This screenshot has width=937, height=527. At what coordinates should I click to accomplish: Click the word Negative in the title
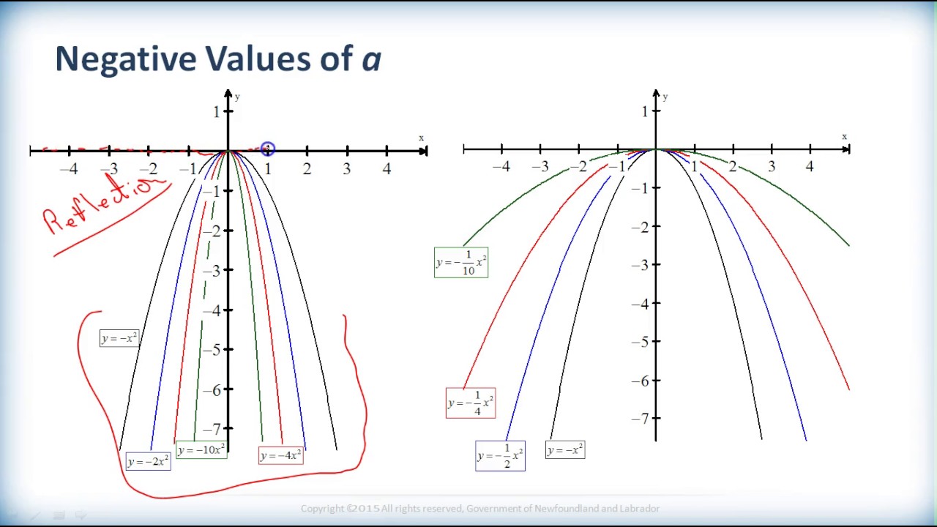coord(124,59)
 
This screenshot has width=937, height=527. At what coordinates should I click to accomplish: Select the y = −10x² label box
coord(201,450)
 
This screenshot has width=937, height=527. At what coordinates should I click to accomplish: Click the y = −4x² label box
coord(280,456)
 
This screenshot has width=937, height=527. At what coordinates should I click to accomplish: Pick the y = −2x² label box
coord(148,462)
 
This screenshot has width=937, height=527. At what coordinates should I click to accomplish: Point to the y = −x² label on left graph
coord(119,338)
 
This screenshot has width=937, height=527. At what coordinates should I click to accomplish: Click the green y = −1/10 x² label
coord(461,263)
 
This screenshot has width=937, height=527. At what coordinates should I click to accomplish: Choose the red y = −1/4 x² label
coord(471,403)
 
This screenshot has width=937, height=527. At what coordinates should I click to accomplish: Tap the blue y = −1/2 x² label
coord(500,456)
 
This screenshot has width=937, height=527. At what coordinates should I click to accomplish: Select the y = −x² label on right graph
coord(565,450)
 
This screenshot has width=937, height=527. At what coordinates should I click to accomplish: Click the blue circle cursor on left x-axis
coord(267,149)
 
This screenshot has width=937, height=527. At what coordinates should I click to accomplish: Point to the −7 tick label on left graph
coord(212,429)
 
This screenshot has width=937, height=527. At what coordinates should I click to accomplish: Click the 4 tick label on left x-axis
coord(387,170)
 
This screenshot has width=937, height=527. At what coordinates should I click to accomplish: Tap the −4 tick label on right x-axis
coord(501,168)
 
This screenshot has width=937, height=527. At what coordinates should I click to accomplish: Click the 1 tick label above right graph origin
coord(644,112)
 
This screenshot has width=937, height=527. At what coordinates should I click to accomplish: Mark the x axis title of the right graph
coord(844,137)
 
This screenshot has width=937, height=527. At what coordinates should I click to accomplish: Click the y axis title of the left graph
coord(237,97)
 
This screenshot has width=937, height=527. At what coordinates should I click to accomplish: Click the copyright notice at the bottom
coord(480,509)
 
